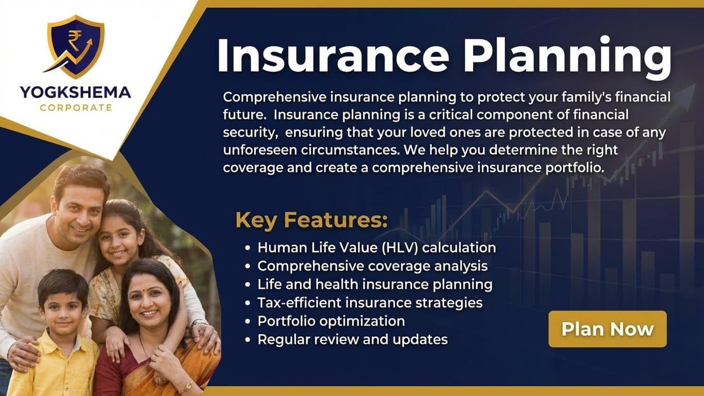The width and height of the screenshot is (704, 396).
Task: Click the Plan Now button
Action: (607, 329)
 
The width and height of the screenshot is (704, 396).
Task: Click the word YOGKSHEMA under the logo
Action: (75, 93)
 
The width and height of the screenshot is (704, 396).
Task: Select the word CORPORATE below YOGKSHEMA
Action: (76, 108)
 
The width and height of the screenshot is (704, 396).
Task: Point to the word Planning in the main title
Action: (568, 55)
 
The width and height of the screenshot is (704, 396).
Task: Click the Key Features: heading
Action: (312, 220)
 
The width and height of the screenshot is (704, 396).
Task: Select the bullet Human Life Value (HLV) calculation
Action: (376, 247)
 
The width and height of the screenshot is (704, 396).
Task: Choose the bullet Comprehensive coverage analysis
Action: (372, 266)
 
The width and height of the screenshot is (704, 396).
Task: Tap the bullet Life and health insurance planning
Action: (375, 284)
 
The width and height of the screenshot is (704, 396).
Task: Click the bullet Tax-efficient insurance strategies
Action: (370, 302)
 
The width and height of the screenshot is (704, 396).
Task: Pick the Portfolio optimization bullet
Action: (331, 321)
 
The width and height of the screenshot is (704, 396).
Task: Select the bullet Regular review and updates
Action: (352, 339)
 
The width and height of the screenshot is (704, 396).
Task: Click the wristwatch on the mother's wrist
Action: (187, 385)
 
